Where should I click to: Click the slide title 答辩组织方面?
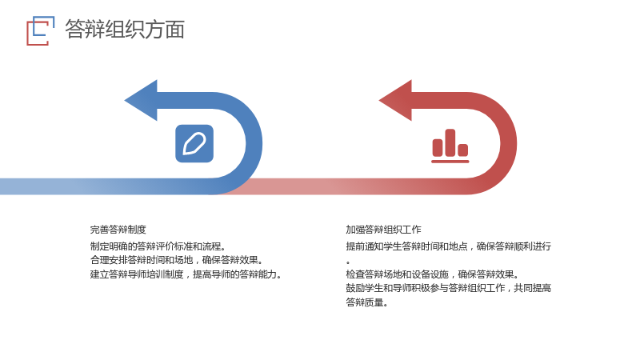click(125, 30)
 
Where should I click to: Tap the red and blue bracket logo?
click(41, 30)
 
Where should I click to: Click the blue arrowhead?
click(142, 101)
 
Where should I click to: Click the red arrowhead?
click(396, 101)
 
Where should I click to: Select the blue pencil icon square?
click(194, 144)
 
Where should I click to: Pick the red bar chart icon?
click(450, 146)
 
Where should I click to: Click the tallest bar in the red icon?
click(450, 143)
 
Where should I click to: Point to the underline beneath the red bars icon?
click(450, 162)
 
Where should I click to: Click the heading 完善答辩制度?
click(118, 230)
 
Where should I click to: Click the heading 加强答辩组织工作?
click(384, 230)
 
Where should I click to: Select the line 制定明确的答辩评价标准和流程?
click(158, 246)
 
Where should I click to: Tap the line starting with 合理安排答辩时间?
click(177, 260)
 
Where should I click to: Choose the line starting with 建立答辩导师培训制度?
click(186, 274)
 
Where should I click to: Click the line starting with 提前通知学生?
click(449, 246)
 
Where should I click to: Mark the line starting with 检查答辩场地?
click(432, 274)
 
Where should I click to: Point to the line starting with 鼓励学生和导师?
click(449, 288)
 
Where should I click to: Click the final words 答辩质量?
click(367, 302)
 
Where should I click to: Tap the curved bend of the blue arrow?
click(254, 144)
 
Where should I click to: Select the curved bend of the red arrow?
click(509, 144)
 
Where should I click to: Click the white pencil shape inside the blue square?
click(194, 144)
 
